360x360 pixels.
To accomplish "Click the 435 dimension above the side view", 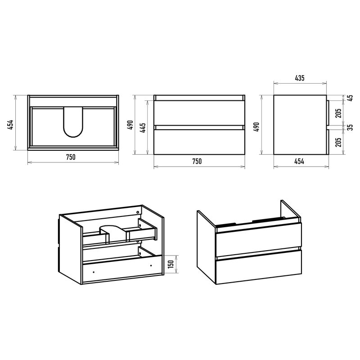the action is click(300, 78).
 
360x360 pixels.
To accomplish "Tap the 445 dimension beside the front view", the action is click(143, 128).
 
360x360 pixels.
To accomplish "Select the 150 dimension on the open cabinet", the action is click(171, 265).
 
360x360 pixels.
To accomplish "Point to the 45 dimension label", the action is click(350, 99).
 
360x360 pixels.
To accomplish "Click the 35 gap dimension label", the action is click(350, 128).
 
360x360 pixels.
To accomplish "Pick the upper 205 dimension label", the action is click(338, 113).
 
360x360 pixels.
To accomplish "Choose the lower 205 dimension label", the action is click(338, 142).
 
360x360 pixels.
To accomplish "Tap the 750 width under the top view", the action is click(71, 157).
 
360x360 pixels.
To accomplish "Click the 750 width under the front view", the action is click(197, 162).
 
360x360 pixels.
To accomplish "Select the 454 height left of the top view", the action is click(10, 125).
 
